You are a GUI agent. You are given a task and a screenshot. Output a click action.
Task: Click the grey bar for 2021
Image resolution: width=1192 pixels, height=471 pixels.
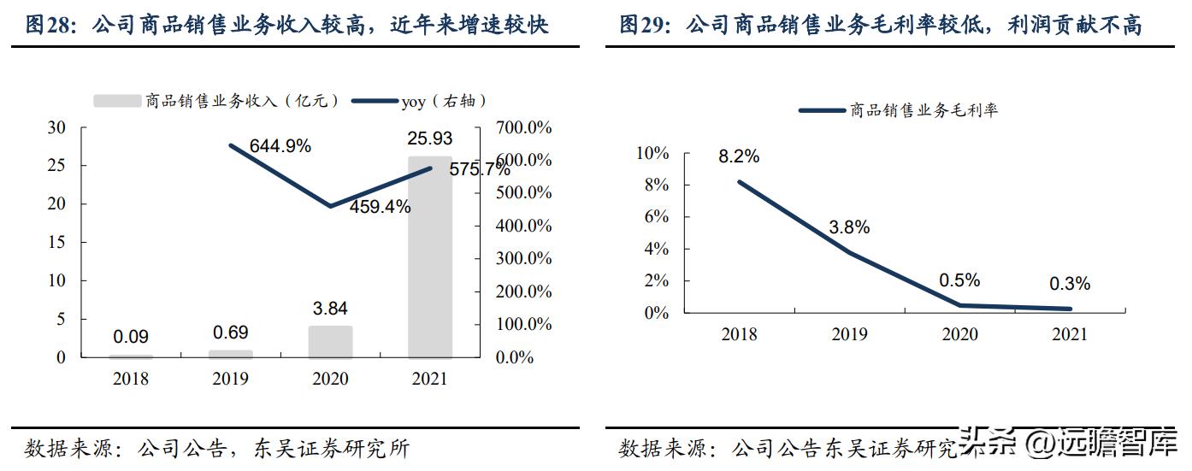(x=430, y=256)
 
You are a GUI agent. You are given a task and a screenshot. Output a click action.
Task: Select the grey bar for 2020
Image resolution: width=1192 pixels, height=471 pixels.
(x=330, y=342)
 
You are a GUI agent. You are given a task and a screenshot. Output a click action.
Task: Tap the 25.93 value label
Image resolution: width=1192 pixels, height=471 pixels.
(x=430, y=138)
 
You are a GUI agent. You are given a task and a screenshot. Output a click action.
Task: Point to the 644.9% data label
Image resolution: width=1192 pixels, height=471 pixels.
(x=280, y=146)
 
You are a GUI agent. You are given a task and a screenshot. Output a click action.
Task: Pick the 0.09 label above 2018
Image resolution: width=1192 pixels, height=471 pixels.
(x=131, y=338)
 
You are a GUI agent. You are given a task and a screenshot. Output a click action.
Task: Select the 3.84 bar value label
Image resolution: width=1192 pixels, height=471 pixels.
(x=330, y=309)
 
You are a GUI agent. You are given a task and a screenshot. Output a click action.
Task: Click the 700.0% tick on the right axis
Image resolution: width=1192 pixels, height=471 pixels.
(x=524, y=128)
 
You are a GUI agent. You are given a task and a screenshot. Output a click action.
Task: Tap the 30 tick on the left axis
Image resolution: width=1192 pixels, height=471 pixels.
(x=56, y=128)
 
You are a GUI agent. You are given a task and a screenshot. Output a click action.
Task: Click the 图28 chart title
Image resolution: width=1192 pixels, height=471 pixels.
(x=287, y=25)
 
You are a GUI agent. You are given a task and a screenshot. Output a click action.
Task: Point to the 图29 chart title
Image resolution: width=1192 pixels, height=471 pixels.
(x=880, y=25)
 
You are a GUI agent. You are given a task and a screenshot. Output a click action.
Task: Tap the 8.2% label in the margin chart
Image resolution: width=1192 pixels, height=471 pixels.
(x=740, y=156)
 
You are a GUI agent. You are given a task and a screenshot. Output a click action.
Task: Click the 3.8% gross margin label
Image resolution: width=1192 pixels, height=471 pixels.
(x=849, y=227)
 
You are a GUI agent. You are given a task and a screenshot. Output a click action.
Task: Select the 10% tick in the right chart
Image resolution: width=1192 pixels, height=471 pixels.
(x=652, y=154)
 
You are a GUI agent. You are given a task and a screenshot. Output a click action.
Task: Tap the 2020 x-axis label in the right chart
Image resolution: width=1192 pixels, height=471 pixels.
(x=959, y=334)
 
